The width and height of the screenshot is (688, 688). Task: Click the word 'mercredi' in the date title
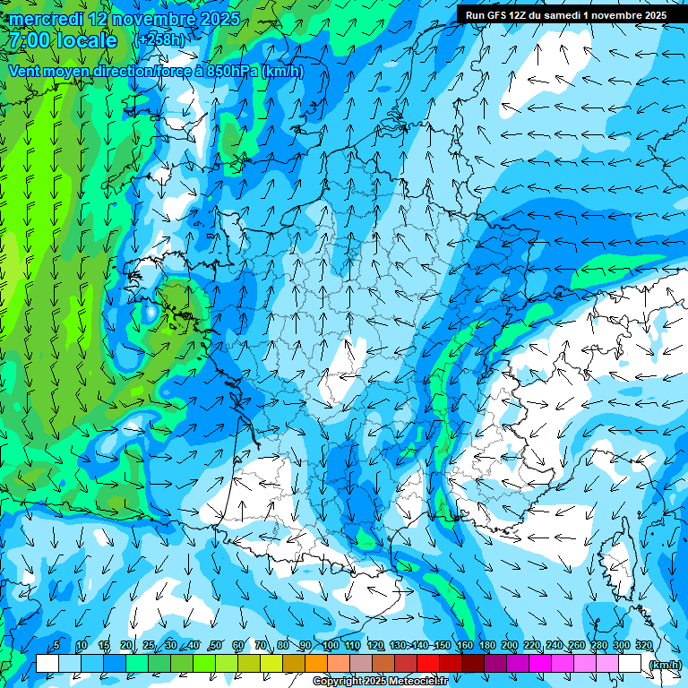(44, 19)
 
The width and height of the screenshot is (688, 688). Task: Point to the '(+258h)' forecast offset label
(161, 40)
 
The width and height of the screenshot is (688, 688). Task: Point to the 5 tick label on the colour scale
(56, 645)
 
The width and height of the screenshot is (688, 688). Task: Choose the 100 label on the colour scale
(331, 645)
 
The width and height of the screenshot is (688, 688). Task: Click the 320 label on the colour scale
(643, 645)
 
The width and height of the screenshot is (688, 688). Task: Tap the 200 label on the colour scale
(510, 645)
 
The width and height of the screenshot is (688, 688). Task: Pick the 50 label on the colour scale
(216, 645)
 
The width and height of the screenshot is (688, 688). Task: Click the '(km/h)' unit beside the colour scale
(664, 664)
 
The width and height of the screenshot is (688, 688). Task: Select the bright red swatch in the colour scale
(428, 664)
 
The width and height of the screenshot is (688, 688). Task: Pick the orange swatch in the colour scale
(316, 664)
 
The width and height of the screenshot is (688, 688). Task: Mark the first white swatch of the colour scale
(47, 664)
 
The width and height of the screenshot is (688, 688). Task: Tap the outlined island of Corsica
(621, 555)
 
